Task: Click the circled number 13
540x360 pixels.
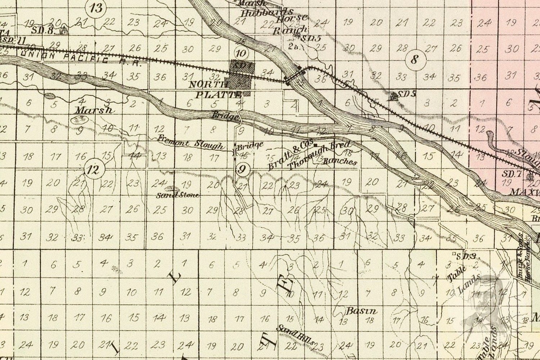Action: (96, 8)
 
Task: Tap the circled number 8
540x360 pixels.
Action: (415, 59)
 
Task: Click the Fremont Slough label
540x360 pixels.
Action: (190, 143)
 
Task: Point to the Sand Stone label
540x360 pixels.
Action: (177, 195)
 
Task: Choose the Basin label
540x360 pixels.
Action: (361, 311)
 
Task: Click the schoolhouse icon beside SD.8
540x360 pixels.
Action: (64, 30)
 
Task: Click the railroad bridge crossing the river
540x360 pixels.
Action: (296, 75)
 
